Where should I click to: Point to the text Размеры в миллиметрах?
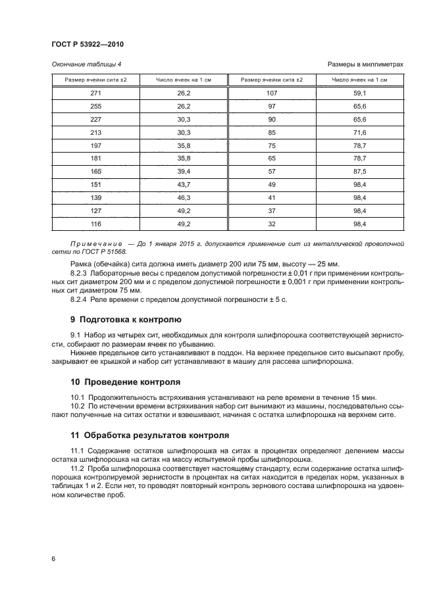point(365,64)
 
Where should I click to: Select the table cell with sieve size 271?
point(96,93)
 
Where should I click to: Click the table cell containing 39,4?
point(184,171)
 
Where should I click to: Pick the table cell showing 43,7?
point(184,184)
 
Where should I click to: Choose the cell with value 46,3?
point(184,197)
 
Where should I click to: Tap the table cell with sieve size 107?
point(272,93)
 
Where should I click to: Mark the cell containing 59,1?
point(359,93)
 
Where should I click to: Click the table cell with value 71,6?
point(359,132)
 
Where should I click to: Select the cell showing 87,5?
point(359,171)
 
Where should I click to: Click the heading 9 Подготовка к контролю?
point(125,321)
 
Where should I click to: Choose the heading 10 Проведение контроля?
point(123,382)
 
